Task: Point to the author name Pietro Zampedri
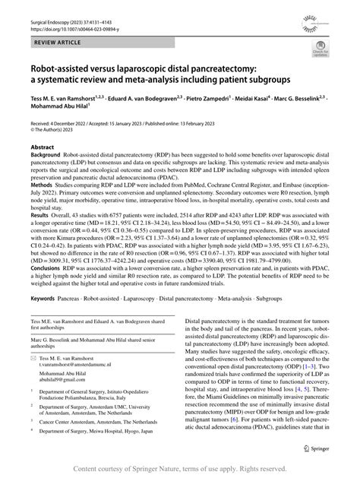tap(196, 119)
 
